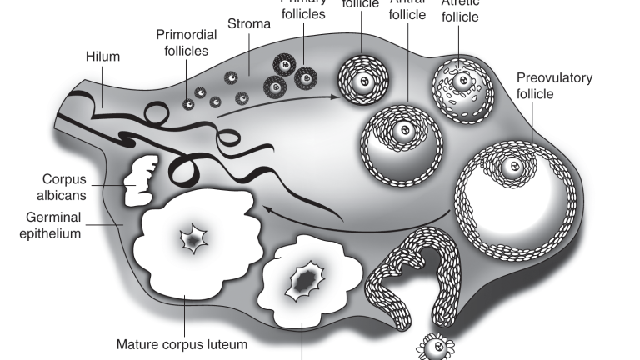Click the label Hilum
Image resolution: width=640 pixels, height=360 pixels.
pos(103,57)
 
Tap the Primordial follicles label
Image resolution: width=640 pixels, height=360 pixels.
pos(187,42)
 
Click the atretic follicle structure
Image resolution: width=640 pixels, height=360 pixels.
pos(457,85)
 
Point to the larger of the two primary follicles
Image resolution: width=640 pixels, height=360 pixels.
pos(307,78)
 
